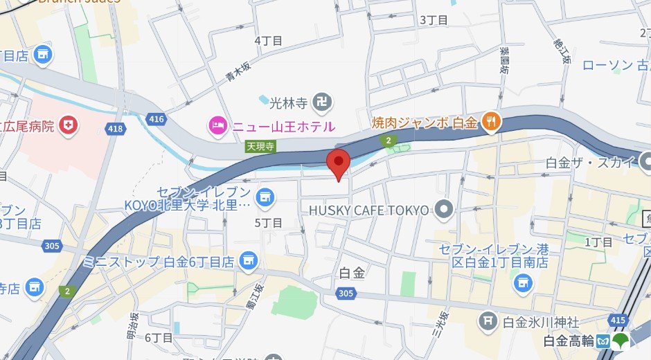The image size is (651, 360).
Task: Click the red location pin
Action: (x=337, y=163)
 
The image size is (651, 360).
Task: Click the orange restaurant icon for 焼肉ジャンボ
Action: (x=492, y=122)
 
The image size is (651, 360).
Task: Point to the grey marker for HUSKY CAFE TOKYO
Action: (x=444, y=208)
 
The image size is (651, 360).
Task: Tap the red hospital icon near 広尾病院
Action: (x=69, y=125)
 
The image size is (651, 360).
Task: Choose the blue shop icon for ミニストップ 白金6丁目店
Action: (x=247, y=262)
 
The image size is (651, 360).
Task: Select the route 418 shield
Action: (x=115, y=128)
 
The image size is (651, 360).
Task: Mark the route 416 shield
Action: (x=157, y=119)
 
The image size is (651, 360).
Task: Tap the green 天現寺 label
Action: (x=260, y=146)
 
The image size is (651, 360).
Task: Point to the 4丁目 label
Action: (x=268, y=41)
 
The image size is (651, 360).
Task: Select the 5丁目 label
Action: (x=268, y=222)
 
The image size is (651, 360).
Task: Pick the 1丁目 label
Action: (x=598, y=242)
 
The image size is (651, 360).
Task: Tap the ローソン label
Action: (x=607, y=66)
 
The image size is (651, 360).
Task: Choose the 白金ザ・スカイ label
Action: (x=590, y=163)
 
